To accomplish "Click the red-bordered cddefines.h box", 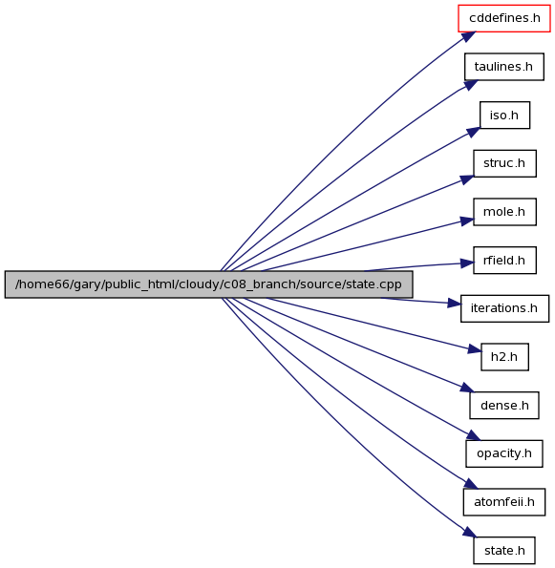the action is point(503,18).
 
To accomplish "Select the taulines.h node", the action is point(503,67).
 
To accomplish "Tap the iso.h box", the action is point(504,116).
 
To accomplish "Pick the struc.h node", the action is point(504,163).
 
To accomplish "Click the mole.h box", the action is point(504,212).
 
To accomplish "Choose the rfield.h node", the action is point(504,260).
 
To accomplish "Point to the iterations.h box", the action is point(504,308).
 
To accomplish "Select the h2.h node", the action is point(504,357).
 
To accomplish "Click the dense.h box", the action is point(504,406).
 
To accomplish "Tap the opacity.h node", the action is point(503,453).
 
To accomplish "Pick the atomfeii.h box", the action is point(503,502).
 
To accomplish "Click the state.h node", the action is point(503,550).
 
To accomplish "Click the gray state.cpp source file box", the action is point(208,284).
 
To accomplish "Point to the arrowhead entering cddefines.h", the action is point(468,37).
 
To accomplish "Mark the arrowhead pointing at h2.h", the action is point(475,349).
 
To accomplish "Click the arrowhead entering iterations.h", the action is point(454,304).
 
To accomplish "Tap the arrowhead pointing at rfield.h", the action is point(466,263).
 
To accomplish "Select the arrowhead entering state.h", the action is point(470,532).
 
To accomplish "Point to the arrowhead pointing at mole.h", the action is point(467,221).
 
